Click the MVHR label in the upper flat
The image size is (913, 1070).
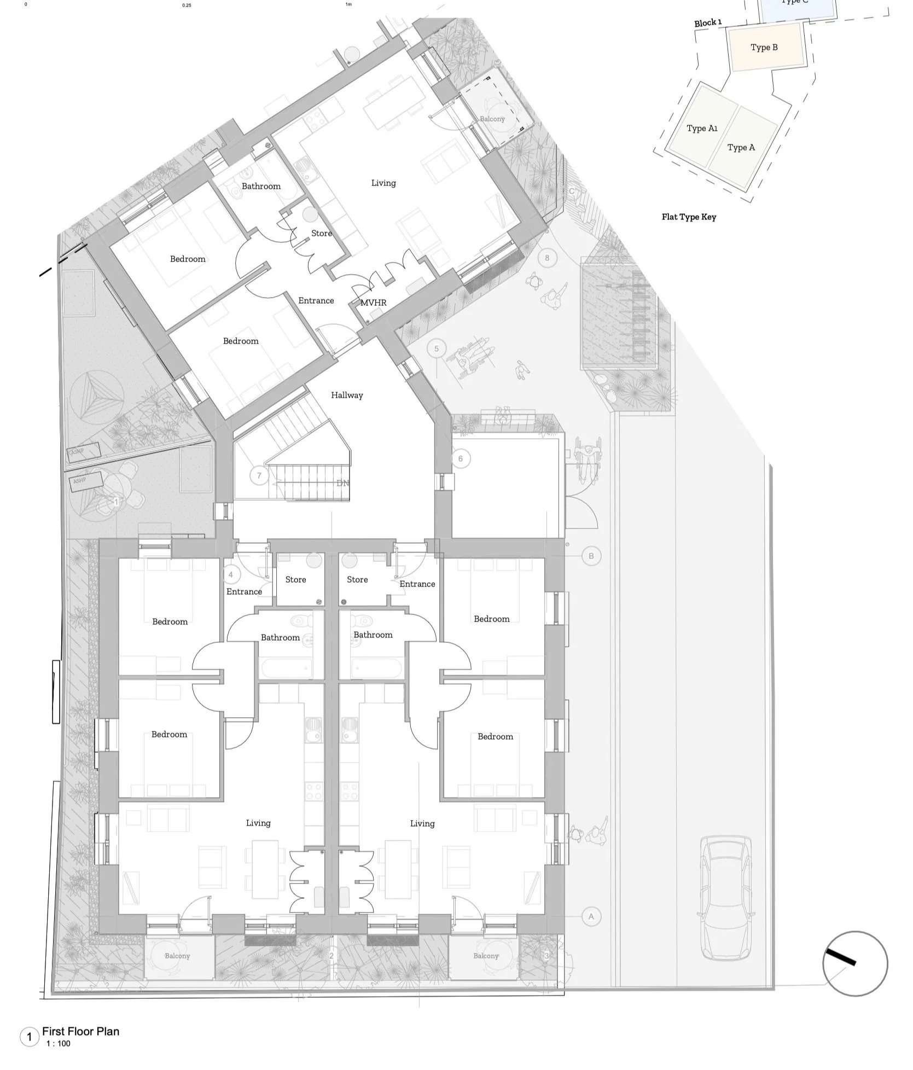coord(373,303)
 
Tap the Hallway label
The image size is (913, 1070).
coord(347,395)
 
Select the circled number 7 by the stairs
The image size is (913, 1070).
coord(259,475)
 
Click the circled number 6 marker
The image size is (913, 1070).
coord(461,458)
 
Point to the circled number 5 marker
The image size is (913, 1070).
coord(437,348)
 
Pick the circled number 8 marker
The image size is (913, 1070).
coord(547,258)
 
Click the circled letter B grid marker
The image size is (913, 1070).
coord(591,556)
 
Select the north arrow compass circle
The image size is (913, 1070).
coord(855,963)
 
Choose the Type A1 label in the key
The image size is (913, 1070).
coord(702,129)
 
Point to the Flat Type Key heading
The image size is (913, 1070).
coord(689,217)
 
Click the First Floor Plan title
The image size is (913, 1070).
coord(80,1031)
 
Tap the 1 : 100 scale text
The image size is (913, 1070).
coord(59,1043)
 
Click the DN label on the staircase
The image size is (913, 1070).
coord(342,483)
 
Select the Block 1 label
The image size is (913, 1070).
coord(708,23)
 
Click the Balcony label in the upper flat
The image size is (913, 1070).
coord(492,119)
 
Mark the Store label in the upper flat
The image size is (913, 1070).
coord(322,234)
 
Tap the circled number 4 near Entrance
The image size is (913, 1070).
coord(231,574)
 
